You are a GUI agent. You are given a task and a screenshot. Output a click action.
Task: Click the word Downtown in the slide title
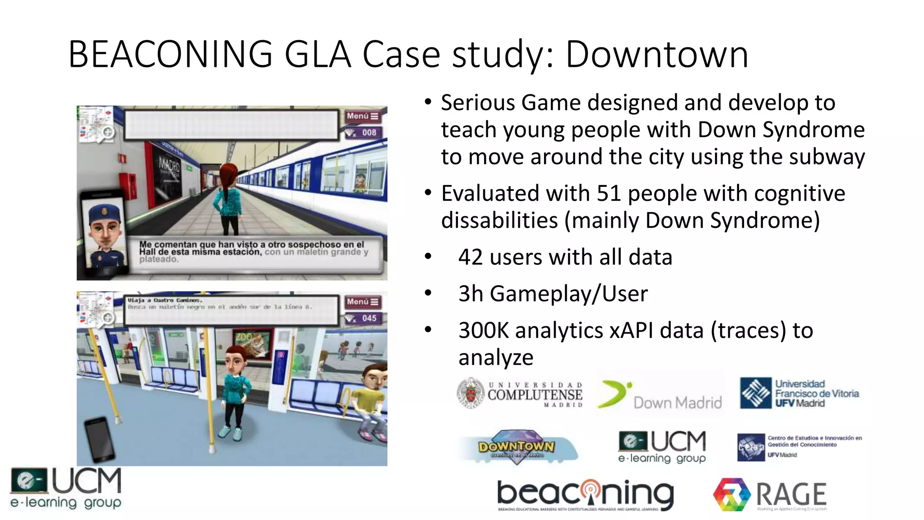click(x=656, y=55)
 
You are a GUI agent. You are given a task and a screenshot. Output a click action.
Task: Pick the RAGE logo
click(x=770, y=495)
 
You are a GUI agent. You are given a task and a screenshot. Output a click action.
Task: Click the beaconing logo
click(x=585, y=494)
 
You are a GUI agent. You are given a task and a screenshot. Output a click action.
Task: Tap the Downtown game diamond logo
click(x=517, y=446)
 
